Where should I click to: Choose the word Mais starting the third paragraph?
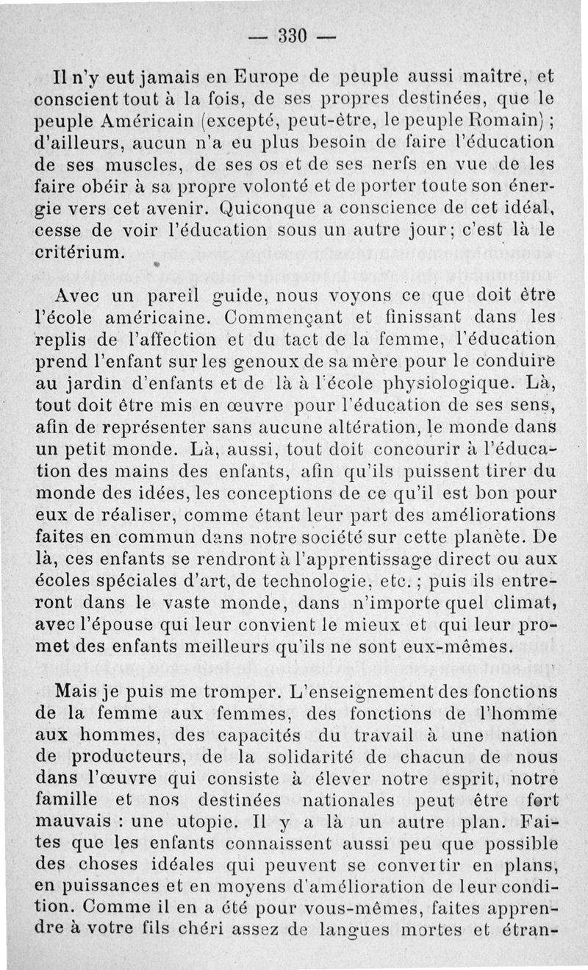(x=76, y=693)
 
